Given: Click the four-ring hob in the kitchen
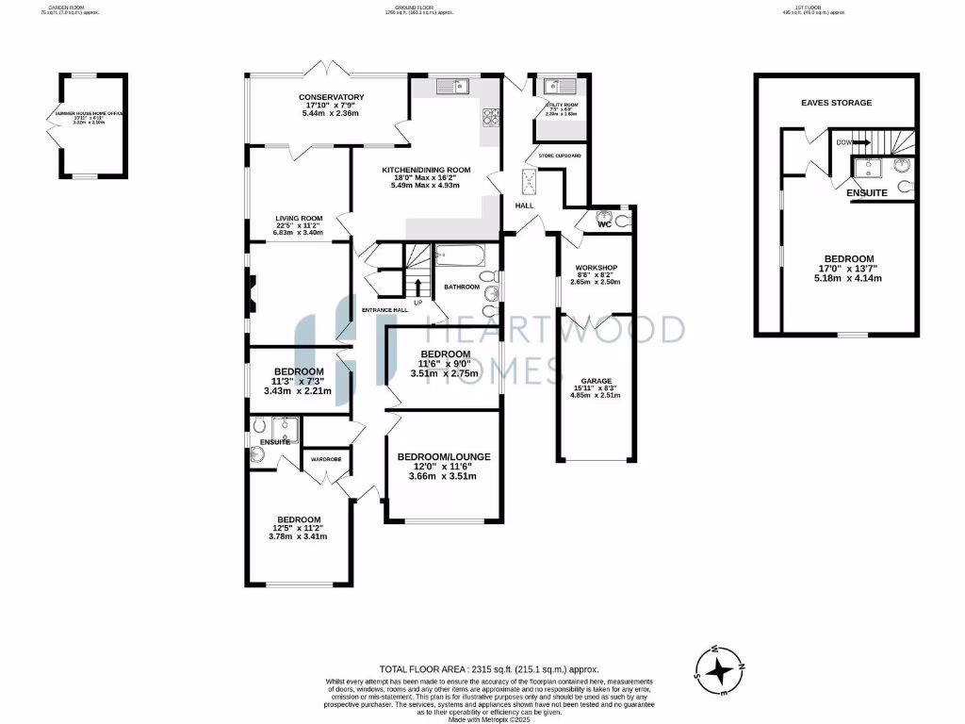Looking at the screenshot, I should tap(491, 118).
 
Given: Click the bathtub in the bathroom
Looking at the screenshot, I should tap(460, 255).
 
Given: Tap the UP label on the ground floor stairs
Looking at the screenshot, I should tap(417, 303).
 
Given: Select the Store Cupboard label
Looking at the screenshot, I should tap(560, 155).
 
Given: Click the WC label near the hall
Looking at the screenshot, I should tap(605, 225).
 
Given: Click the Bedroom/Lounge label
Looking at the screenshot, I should tap(443, 456).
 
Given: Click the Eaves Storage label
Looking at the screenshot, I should tap(836, 103).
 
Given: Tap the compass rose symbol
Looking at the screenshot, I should tap(721, 670).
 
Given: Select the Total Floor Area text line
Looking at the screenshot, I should tap(488, 668).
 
